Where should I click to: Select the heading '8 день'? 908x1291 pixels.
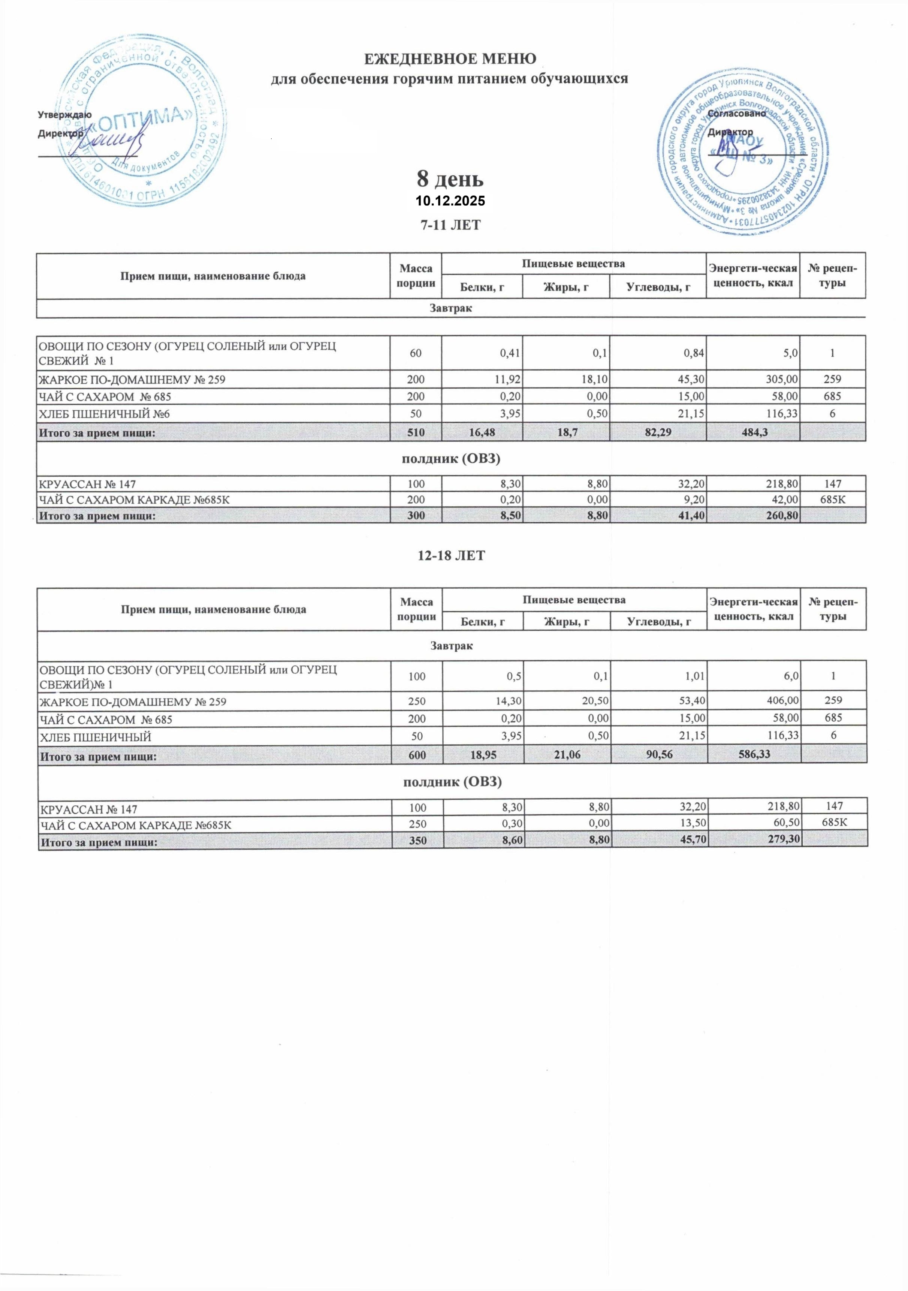coord(450,180)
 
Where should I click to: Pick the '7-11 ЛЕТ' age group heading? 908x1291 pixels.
coord(450,225)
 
